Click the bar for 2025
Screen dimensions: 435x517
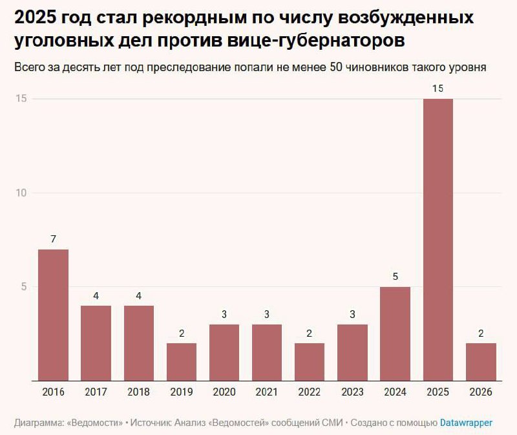tap(438, 239)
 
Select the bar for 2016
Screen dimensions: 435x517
tap(53, 315)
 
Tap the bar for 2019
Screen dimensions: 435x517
tap(182, 361)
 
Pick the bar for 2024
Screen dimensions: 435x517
tap(395, 334)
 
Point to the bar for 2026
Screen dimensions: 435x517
tap(481, 361)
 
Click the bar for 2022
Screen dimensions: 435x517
tap(310, 361)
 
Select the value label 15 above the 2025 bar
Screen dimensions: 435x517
tap(438, 89)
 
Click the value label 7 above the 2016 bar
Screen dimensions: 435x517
tap(53, 239)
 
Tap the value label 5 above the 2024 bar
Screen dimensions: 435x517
tap(395, 277)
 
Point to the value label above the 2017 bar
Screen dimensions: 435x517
tap(96, 296)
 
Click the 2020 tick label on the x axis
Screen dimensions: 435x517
tap(224, 392)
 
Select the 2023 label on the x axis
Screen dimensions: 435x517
tap(352, 392)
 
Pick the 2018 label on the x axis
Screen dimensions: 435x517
tap(138, 392)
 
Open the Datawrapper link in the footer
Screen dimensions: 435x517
tap(466, 423)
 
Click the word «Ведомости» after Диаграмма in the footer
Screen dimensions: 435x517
tap(96, 423)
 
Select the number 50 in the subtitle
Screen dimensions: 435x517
tap(336, 67)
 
